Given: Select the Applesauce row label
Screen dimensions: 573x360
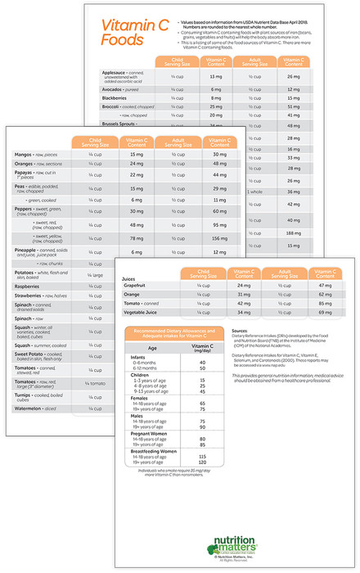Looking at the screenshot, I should point(119,74).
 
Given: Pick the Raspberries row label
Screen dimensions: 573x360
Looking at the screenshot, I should point(32,287).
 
